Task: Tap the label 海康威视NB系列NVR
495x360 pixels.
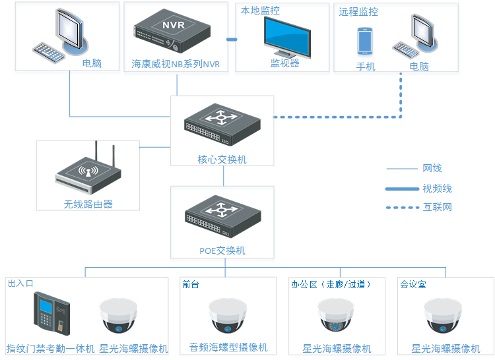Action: tap(176, 65)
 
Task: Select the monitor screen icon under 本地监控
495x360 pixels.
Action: tap(286, 37)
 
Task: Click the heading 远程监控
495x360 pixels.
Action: tap(359, 12)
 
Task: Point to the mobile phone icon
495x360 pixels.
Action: tap(366, 41)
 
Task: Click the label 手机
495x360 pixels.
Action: tap(366, 67)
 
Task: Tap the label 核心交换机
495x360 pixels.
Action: tap(222, 160)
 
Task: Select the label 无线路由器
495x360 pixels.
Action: tap(88, 204)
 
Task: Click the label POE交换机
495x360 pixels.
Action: tap(222, 251)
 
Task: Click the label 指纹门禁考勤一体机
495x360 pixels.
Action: tap(51, 348)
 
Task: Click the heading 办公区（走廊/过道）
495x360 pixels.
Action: tap(331, 285)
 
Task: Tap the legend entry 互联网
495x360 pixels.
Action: tap(437, 207)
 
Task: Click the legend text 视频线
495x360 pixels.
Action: tap(437, 189)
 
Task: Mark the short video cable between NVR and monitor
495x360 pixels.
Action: tap(232, 40)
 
